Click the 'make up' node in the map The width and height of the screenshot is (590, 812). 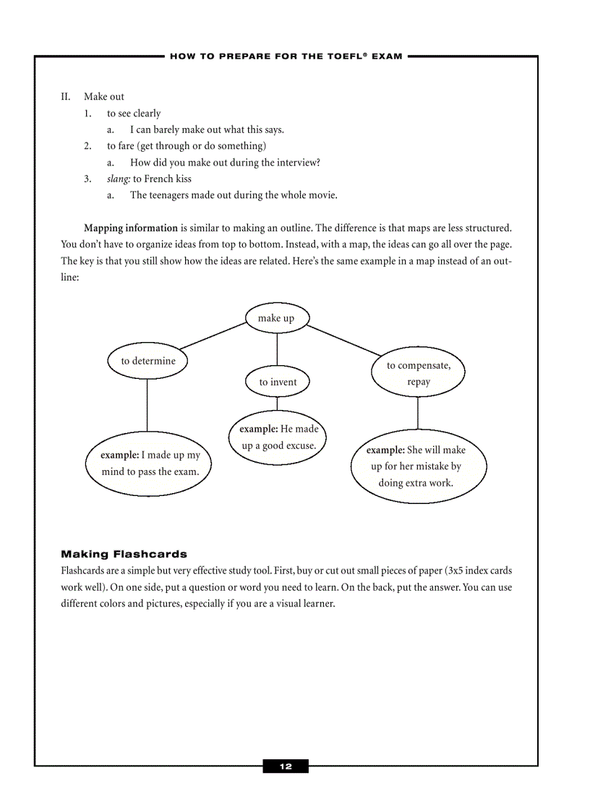(276, 318)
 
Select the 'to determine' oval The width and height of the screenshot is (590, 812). (147, 361)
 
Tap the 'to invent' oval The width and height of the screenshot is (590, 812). (278, 382)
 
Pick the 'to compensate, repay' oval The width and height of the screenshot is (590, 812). (418, 374)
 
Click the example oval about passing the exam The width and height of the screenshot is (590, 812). (150, 463)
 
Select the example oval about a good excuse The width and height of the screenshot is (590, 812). (278, 437)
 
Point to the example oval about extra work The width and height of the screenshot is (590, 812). (419, 466)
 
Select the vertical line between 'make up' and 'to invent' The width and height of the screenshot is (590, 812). (277, 350)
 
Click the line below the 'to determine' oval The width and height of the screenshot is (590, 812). (147, 405)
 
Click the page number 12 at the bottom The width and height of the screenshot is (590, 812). (286, 766)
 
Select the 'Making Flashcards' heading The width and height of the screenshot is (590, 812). (124, 555)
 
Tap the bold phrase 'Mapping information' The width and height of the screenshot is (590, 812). (131, 228)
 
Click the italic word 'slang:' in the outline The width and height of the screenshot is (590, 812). (119, 179)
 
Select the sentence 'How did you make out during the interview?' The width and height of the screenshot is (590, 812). (225, 163)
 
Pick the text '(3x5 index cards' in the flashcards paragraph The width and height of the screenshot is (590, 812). (478, 571)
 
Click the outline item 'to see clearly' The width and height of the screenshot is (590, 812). (134, 114)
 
